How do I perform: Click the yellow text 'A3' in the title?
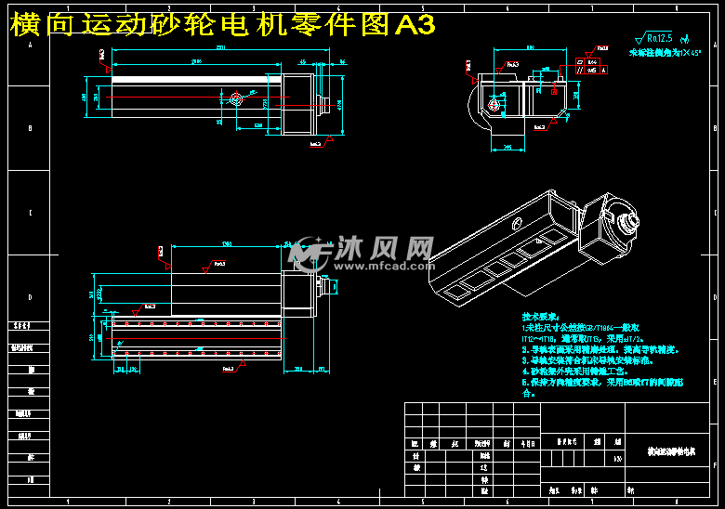click(415, 25)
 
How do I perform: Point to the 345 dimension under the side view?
click(507, 147)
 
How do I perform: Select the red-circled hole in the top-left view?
click(235, 98)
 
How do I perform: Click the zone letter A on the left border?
click(30, 45)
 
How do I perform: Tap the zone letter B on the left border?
click(30, 128)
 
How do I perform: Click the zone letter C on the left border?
click(30, 213)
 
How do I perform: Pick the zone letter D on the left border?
click(30, 297)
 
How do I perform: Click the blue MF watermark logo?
click(309, 251)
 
